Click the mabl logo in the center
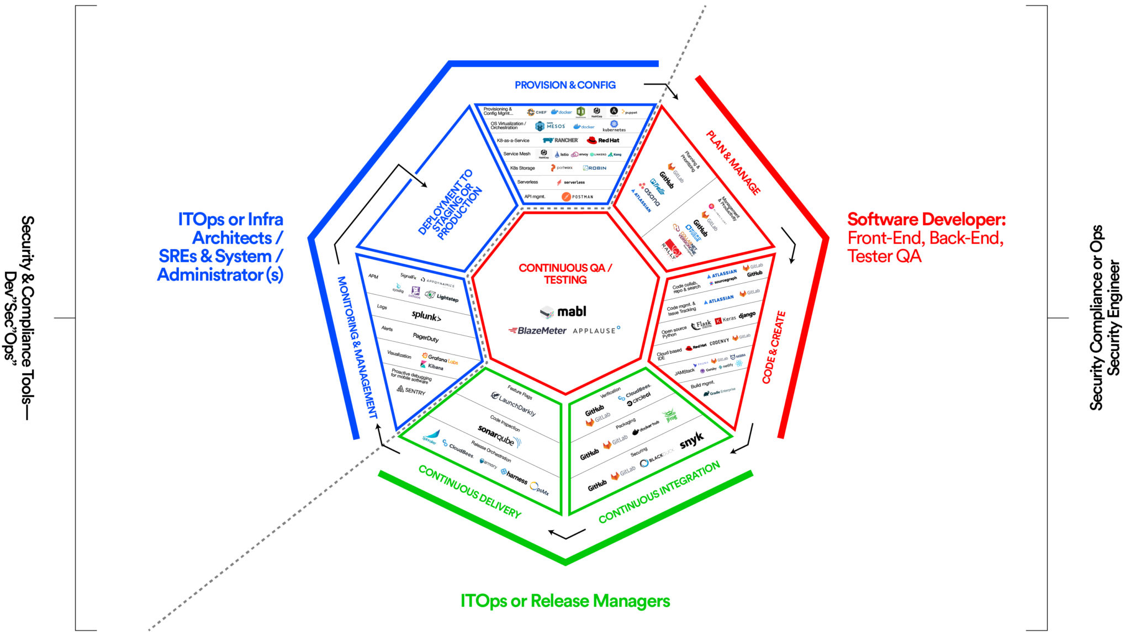click(564, 312)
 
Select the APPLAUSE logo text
click(596, 331)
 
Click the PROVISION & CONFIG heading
click(565, 85)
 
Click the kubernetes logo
click(614, 126)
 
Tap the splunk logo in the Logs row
click(426, 316)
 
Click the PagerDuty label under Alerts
click(426, 337)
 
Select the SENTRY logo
click(411, 390)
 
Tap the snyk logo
click(691, 440)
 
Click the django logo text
click(747, 315)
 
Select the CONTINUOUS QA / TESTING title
click(565, 274)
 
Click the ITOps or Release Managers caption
click(565, 601)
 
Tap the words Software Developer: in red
click(926, 219)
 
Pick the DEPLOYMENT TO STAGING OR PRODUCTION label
click(450, 204)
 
